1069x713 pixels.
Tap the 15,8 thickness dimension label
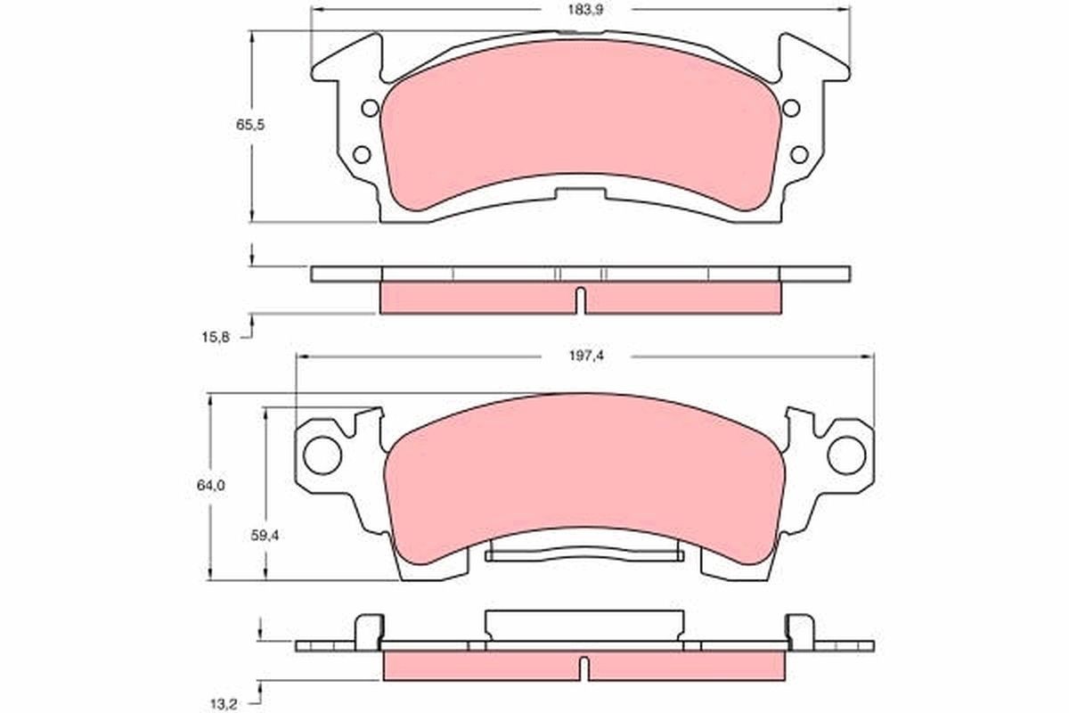click(216, 336)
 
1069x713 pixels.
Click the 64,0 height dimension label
click(211, 486)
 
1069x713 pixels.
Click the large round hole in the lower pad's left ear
click(322, 454)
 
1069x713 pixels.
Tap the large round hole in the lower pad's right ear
click(846, 454)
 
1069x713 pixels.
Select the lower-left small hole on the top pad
click(361, 154)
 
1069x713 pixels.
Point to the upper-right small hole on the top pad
click(790, 109)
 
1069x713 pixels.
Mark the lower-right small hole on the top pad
click(799, 154)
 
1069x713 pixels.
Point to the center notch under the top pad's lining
click(580, 191)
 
